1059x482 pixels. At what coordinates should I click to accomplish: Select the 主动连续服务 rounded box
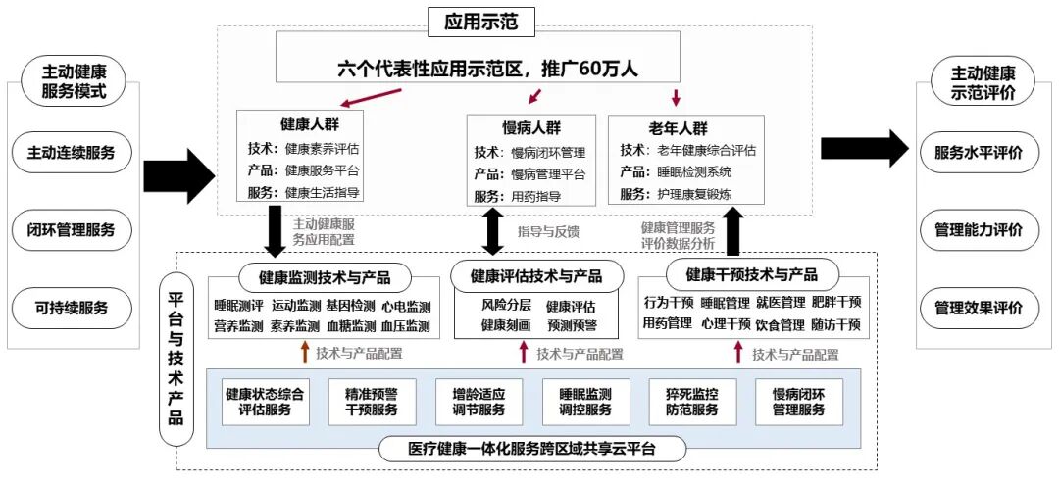(72, 153)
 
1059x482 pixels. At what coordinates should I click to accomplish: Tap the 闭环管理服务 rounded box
(72, 230)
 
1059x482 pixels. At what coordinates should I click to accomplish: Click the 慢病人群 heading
(530, 129)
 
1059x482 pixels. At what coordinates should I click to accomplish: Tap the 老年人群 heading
(676, 128)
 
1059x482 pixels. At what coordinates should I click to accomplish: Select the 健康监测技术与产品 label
(324, 277)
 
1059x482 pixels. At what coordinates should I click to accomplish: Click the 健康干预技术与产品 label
(750, 273)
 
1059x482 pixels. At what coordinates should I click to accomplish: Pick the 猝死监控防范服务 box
(690, 402)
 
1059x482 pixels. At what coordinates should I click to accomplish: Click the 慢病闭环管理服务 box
(797, 402)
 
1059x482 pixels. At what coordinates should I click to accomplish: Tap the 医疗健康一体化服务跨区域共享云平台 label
(531, 450)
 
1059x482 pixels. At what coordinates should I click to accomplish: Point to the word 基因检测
(349, 307)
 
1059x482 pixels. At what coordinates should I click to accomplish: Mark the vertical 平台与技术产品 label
(176, 359)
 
